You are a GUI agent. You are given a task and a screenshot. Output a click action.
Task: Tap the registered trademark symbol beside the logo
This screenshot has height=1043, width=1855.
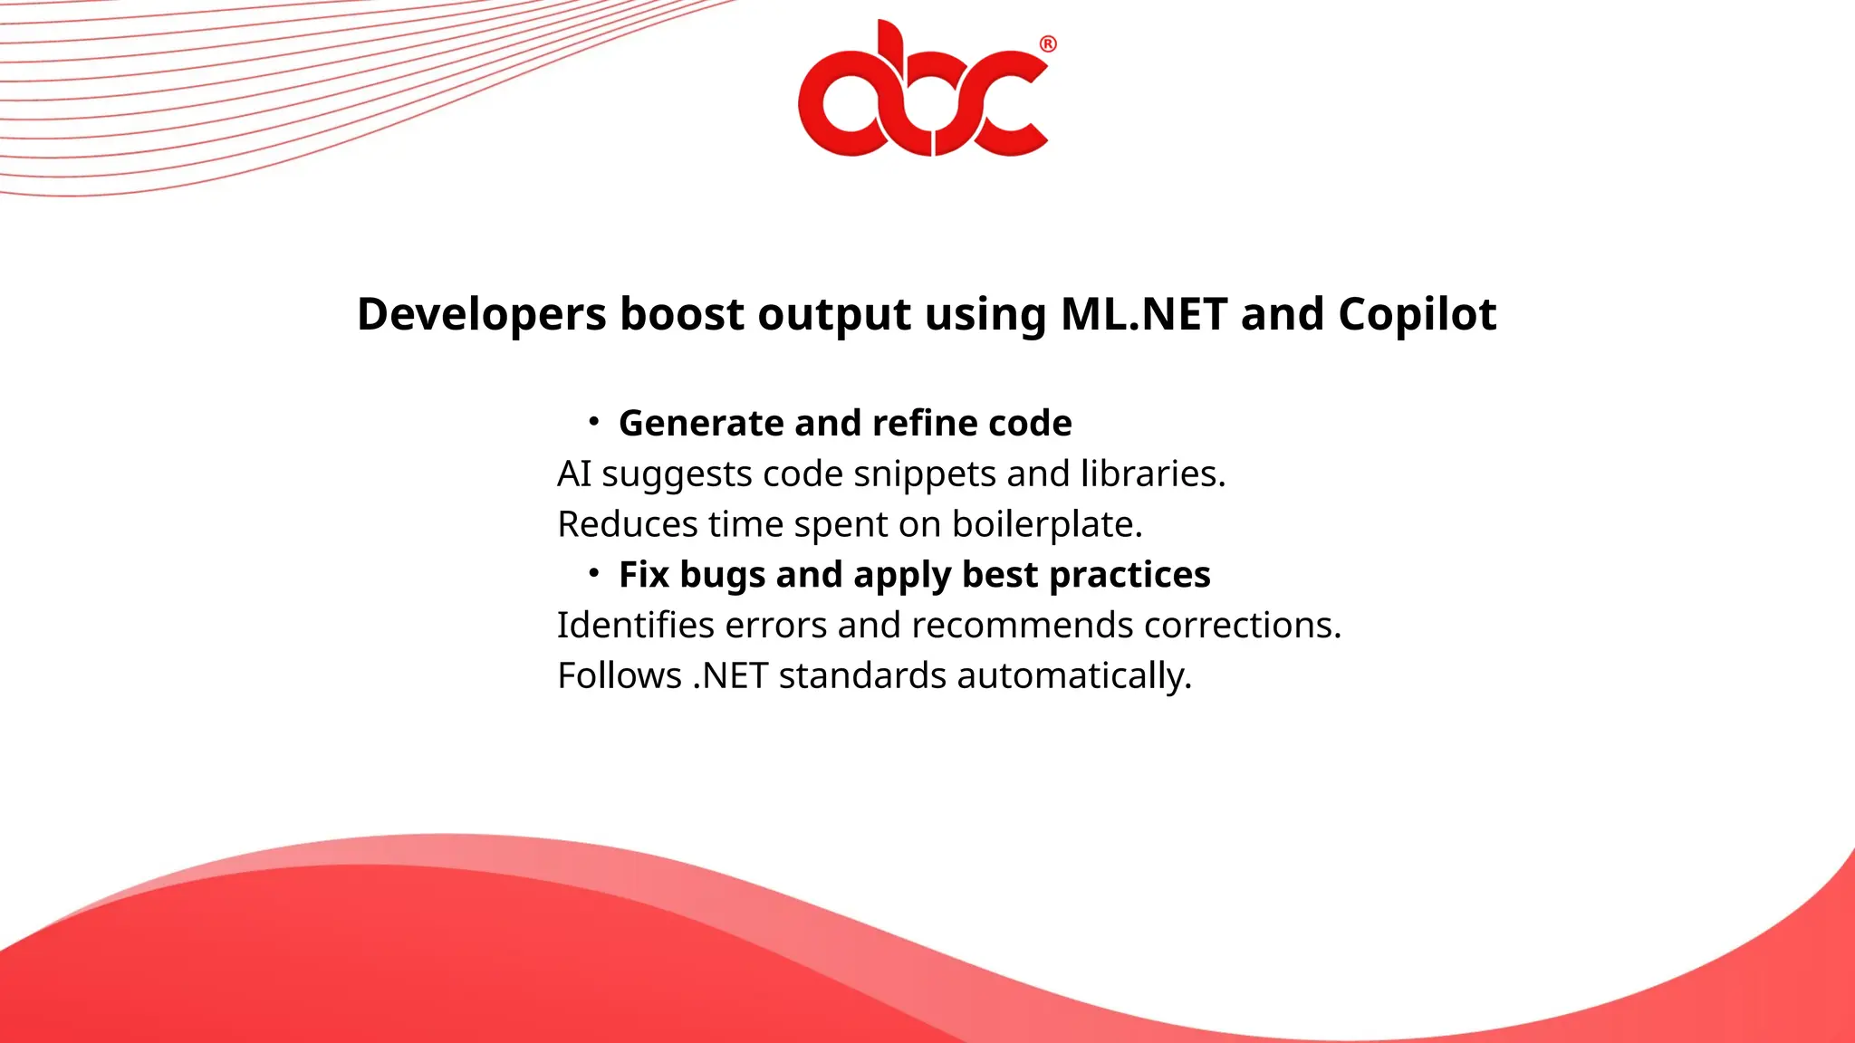[1048, 44]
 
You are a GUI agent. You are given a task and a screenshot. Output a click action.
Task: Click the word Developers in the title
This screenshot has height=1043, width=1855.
[481, 315]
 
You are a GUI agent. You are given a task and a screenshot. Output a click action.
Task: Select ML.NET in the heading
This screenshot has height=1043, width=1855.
[1143, 314]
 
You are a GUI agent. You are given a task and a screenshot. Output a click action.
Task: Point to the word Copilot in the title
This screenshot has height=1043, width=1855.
[1417, 315]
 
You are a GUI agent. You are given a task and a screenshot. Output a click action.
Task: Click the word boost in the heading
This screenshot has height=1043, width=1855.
[682, 314]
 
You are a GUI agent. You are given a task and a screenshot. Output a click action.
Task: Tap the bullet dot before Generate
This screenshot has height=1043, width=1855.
[593, 421]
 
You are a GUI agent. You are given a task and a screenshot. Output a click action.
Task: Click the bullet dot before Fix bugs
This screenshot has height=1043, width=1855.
[593, 572]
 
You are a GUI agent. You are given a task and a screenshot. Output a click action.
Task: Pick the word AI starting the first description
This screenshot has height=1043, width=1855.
[573, 474]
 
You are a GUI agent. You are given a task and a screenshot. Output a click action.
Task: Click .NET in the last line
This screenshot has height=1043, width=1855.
[730, 675]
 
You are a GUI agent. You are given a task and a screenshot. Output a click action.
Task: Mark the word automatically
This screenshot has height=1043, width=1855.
[1074, 676]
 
